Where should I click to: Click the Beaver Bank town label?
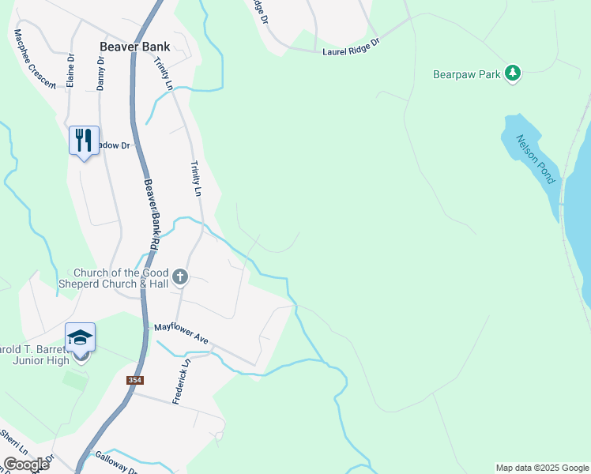[x=135, y=47]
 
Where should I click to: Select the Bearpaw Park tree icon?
[x=514, y=73]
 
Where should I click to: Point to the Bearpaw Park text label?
[x=467, y=75]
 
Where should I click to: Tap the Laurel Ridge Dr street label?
[x=352, y=47]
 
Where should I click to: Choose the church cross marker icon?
[x=181, y=276]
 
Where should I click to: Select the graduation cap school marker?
[x=81, y=338]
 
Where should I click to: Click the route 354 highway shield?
[x=135, y=380]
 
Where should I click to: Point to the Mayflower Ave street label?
[x=181, y=332]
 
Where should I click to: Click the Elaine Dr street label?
[x=70, y=70]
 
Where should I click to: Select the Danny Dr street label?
[x=100, y=73]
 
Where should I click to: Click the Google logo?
[x=26, y=464]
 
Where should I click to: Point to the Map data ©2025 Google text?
[x=541, y=468]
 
